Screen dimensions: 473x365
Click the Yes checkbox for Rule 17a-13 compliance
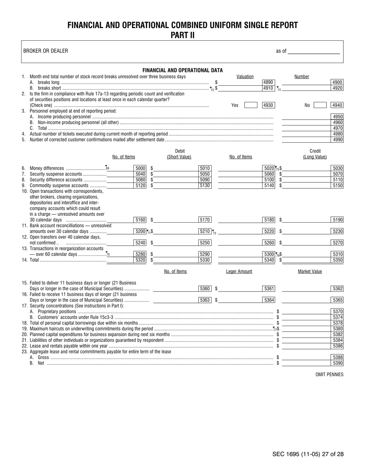(251, 105)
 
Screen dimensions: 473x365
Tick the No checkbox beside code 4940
(320, 105)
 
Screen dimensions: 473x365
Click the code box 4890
(268, 82)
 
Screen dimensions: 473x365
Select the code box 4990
(337, 140)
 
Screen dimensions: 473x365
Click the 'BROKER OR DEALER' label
(46, 51)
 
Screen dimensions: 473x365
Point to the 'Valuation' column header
(245, 77)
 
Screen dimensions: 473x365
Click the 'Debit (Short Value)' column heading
(179, 154)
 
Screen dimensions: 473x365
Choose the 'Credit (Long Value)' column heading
(315, 154)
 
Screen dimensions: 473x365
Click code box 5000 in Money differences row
(140, 168)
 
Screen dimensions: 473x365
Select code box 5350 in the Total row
(337, 260)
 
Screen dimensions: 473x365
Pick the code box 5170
(205, 220)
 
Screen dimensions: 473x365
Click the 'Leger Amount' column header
(239, 271)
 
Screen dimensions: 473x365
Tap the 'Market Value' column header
(310, 271)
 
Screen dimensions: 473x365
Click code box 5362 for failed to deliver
(337, 288)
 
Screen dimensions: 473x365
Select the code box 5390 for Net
(337, 363)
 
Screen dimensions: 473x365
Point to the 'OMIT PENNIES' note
(329, 375)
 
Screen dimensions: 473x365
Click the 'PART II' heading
(182, 35)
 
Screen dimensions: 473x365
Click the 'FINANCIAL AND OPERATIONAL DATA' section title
(182, 70)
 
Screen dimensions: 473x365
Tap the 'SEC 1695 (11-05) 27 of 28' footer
(308, 454)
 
